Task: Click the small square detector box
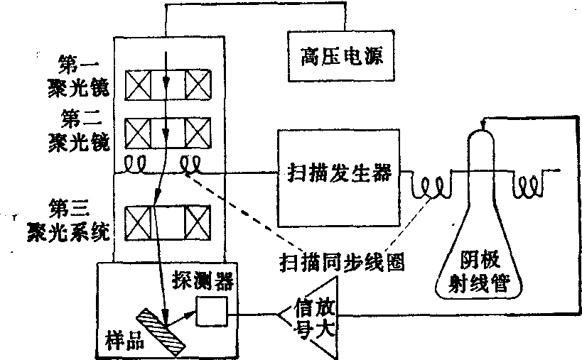pos(212,311)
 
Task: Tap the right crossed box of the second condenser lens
pos(199,132)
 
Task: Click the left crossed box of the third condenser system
pos(141,222)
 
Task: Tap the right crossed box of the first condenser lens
pos(199,85)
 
